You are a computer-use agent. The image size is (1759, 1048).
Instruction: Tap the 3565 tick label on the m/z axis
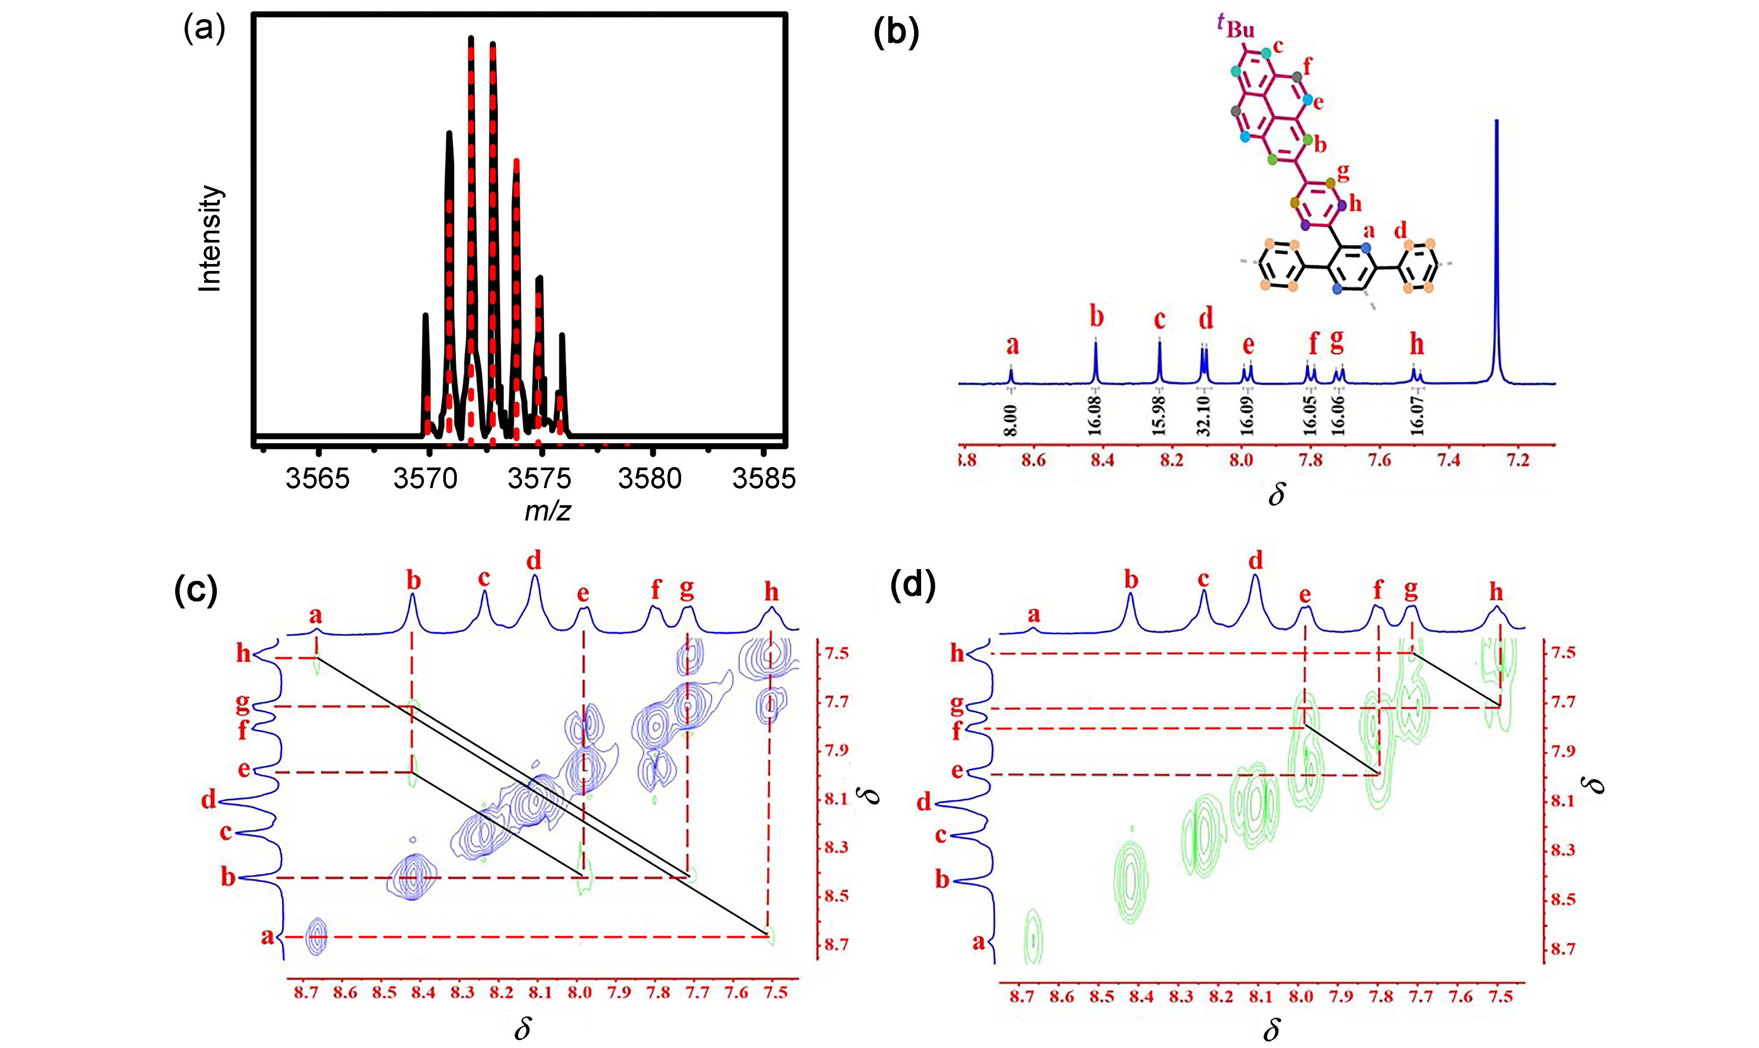pos(317,479)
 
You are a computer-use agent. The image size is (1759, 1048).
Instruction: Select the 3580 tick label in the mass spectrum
pos(649,479)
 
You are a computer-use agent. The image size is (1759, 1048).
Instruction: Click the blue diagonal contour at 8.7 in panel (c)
pos(317,936)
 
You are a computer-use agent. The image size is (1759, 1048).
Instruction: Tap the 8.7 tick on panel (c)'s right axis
pos(836,944)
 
